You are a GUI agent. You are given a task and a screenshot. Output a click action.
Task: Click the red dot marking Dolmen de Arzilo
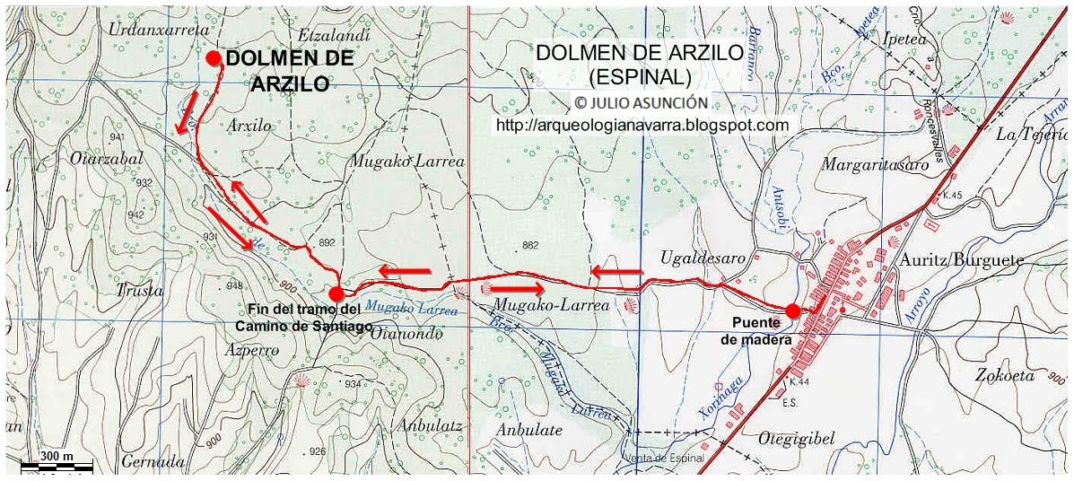pyautogui.click(x=214, y=58)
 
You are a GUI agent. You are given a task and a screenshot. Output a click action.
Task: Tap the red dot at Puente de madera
pyautogui.click(x=793, y=311)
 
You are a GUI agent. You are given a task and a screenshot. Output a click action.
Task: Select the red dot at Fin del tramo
pyautogui.click(x=336, y=293)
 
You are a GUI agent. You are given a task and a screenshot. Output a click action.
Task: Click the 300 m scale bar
pyautogui.click(x=57, y=463)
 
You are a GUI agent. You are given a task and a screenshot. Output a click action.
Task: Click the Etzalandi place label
pyautogui.click(x=338, y=36)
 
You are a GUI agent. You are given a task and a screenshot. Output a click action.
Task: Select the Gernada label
pyautogui.click(x=143, y=462)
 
